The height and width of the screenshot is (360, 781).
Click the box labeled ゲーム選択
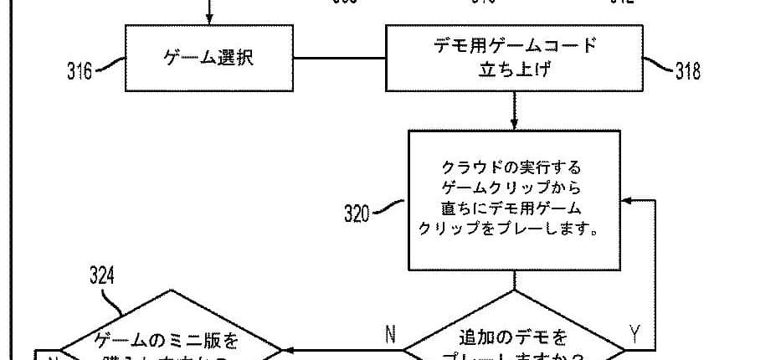(x=210, y=59)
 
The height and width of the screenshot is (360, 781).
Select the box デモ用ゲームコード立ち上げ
(x=514, y=58)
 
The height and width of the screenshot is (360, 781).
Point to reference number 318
(x=687, y=71)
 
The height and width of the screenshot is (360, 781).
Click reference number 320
(x=357, y=213)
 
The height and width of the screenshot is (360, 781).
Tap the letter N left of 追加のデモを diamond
(x=390, y=335)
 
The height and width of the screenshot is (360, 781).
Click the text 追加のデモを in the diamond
(x=513, y=338)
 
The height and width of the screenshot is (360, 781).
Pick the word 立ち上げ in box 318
(x=514, y=69)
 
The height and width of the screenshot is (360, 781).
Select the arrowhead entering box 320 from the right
(x=626, y=202)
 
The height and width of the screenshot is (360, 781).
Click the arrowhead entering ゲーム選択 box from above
(x=210, y=19)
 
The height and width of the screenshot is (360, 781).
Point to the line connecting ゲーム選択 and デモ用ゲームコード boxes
(x=339, y=59)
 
